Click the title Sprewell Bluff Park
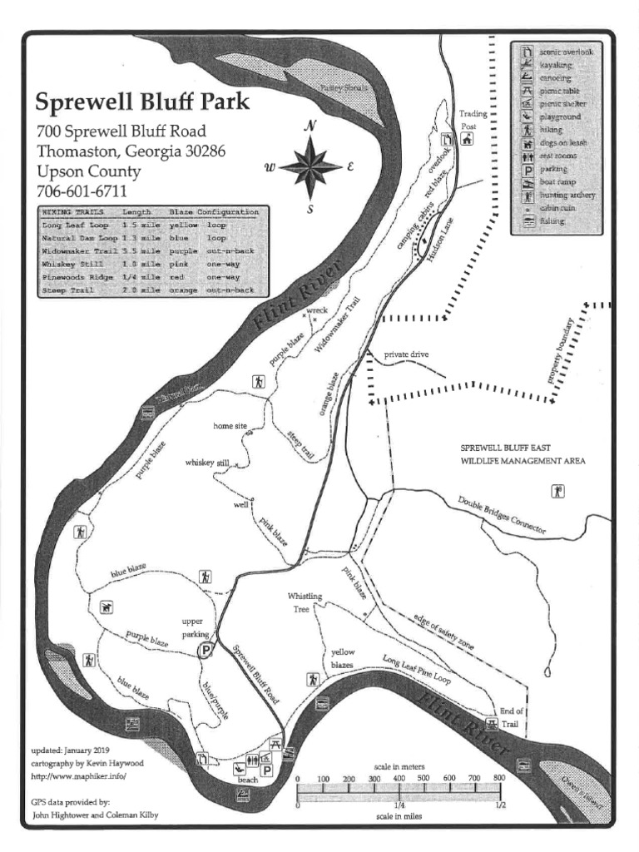(141, 102)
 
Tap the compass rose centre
(310, 166)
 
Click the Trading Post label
(473, 120)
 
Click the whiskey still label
(207, 462)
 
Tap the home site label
(230, 426)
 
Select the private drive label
(406, 355)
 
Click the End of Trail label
(512, 717)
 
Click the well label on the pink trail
(240, 504)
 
